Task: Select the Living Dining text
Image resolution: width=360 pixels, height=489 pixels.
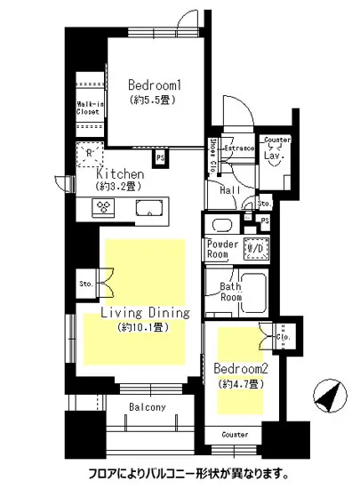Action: [x=145, y=313]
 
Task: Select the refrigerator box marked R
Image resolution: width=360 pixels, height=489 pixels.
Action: [x=88, y=152]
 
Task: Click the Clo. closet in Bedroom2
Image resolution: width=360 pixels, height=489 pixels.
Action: [x=284, y=338]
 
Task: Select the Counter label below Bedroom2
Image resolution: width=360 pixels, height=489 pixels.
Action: [x=234, y=435]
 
